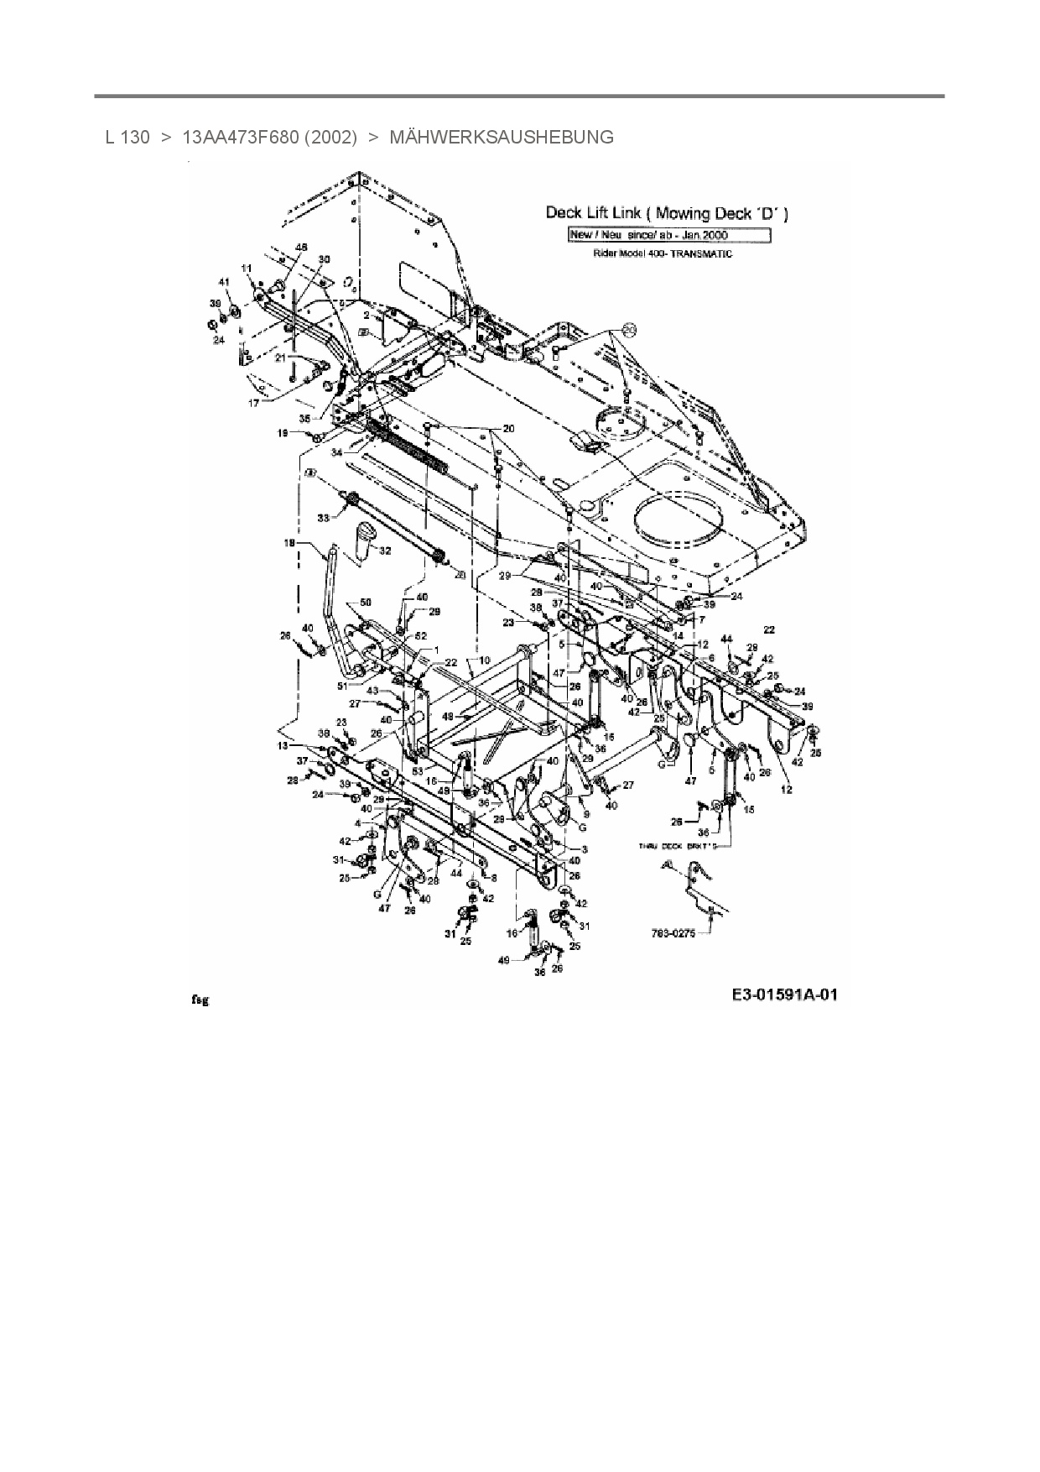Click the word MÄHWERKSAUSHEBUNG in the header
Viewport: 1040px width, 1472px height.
[501, 137]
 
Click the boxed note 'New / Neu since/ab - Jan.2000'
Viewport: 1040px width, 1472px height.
[668, 235]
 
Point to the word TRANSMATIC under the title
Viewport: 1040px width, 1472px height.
[705, 253]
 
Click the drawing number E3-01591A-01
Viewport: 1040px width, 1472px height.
[784, 996]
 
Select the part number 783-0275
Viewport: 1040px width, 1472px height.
[673, 932]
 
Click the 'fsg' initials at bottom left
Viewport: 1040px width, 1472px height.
[200, 1000]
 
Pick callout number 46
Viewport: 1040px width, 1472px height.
[302, 247]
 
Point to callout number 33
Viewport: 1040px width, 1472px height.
[324, 518]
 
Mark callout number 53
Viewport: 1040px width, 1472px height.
[417, 770]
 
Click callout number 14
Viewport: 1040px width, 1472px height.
[678, 635]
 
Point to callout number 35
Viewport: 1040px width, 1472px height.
[304, 417]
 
